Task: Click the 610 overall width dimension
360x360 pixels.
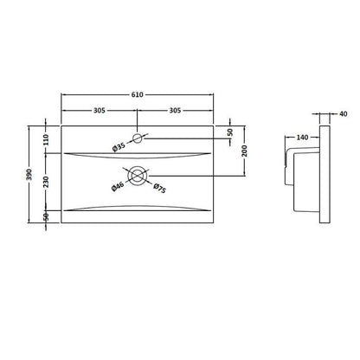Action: click(x=138, y=94)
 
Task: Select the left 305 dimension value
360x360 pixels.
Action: click(x=100, y=111)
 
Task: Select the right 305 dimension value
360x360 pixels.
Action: click(x=175, y=111)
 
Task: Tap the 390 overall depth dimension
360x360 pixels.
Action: click(x=29, y=174)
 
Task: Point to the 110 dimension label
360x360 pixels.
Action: click(x=46, y=139)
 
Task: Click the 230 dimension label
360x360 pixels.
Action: click(x=46, y=182)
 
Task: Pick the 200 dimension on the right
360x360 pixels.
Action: click(x=245, y=151)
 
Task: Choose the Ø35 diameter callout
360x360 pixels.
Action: click(x=119, y=147)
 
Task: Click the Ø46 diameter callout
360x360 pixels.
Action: click(x=118, y=186)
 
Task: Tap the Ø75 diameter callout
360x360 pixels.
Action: click(x=159, y=188)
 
